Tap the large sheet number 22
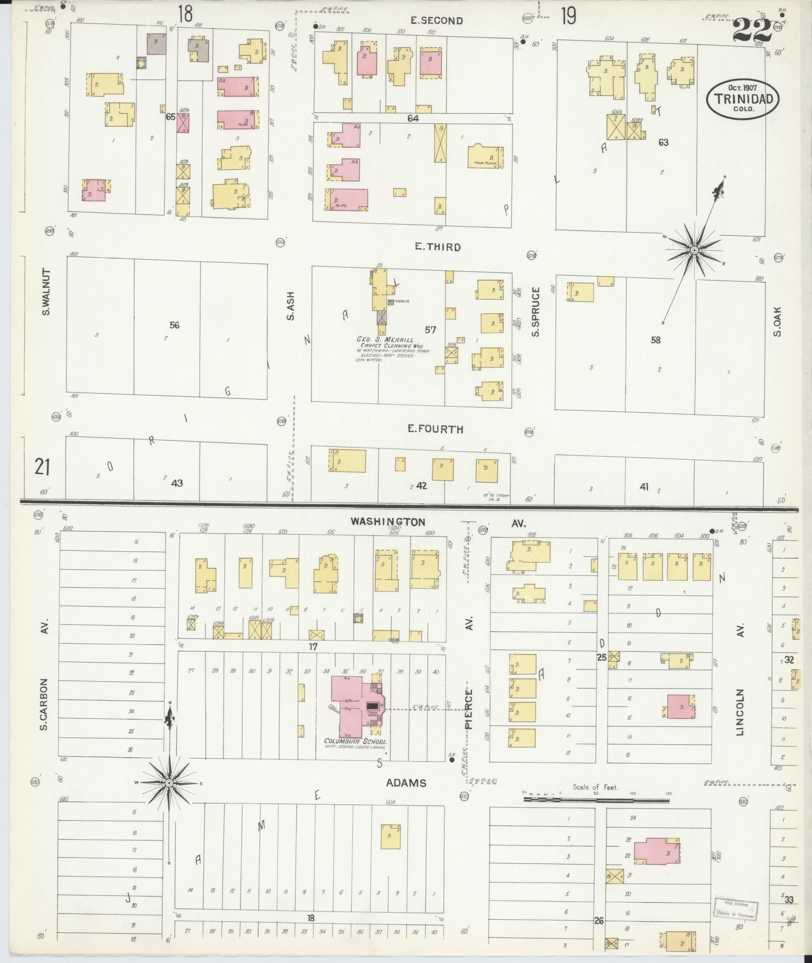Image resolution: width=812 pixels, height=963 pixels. pyautogui.click(x=752, y=31)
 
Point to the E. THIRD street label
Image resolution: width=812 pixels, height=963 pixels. pyautogui.click(x=430, y=247)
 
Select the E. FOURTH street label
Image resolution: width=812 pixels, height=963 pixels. pyautogui.click(x=435, y=429)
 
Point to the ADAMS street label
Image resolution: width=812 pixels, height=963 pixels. pyautogui.click(x=406, y=783)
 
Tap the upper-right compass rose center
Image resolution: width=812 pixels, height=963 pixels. pyautogui.click(x=694, y=250)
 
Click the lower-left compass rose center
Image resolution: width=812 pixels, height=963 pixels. pyautogui.click(x=170, y=783)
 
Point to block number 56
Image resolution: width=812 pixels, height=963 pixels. pyautogui.click(x=174, y=325)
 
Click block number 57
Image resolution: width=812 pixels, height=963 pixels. pyautogui.click(x=430, y=330)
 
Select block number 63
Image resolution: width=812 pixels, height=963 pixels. pyautogui.click(x=663, y=142)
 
